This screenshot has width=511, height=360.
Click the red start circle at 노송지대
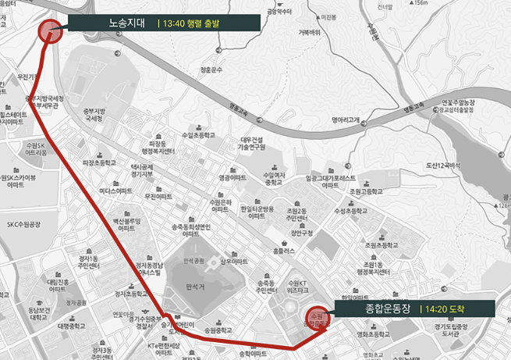click(50, 30)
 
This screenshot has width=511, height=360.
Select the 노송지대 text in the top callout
click(128, 23)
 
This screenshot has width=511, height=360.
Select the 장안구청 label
click(301, 231)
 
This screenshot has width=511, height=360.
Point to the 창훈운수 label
click(211, 70)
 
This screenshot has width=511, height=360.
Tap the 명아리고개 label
click(345, 120)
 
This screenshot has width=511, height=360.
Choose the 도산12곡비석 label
click(444, 166)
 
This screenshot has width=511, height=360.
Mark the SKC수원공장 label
click(27, 224)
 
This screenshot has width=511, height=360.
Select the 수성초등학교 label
click(350, 211)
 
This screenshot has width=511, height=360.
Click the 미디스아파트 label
click(115, 192)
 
